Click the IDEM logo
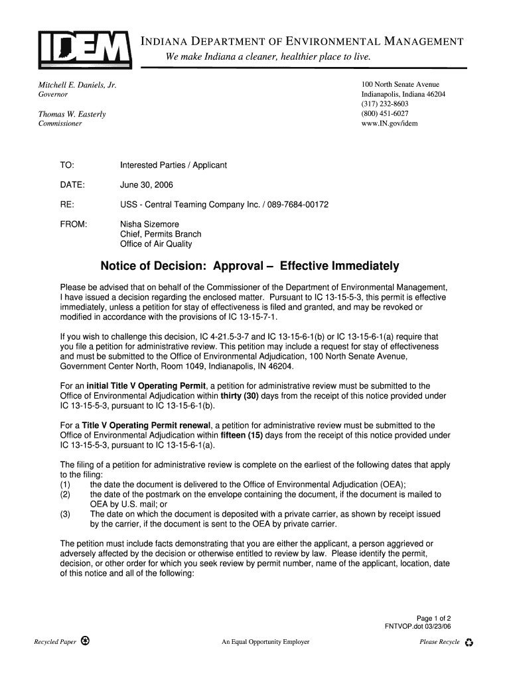click(84, 48)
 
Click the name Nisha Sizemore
click(149, 224)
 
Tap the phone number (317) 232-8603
click(385, 104)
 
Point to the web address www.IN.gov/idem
click(390, 123)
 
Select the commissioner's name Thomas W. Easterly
click(72, 114)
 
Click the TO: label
click(67, 164)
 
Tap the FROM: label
click(74, 224)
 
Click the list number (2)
click(65, 495)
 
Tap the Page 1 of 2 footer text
click(434, 618)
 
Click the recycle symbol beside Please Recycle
click(469, 643)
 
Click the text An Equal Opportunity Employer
click(265, 642)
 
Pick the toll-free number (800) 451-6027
click(385, 113)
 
